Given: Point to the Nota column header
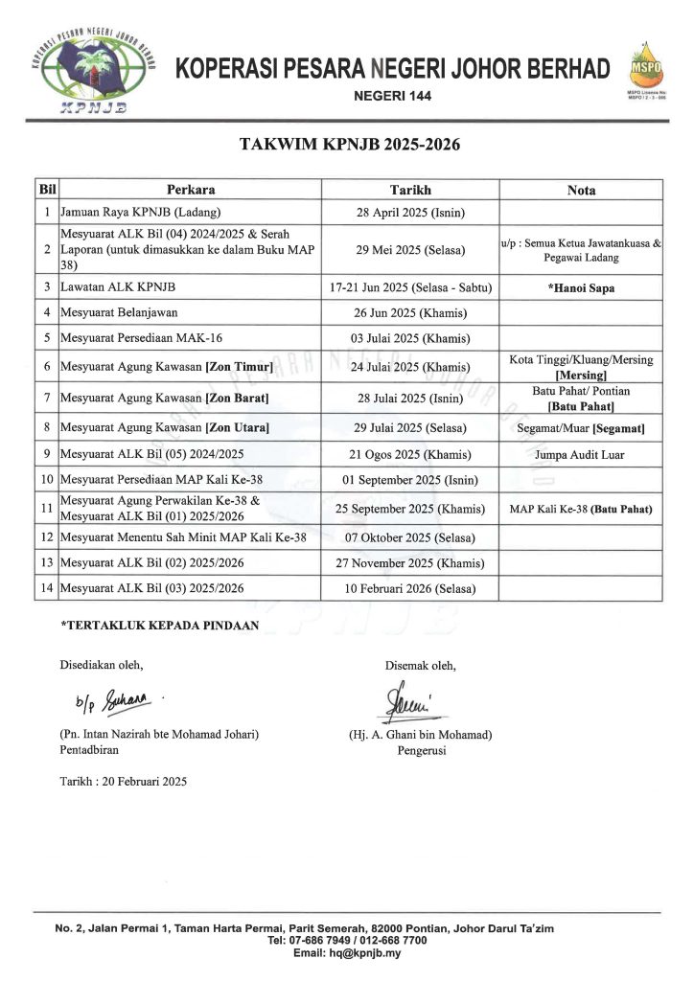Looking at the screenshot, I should click(581, 190).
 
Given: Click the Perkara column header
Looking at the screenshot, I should click(190, 190).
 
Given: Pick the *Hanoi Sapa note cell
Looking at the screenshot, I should click(581, 286).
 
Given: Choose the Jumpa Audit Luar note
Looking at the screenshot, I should click(581, 454).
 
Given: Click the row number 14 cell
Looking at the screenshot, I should click(46, 587).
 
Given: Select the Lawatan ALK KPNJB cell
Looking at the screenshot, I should click(118, 286).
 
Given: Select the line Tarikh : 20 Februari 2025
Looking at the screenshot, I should click(124, 781).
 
